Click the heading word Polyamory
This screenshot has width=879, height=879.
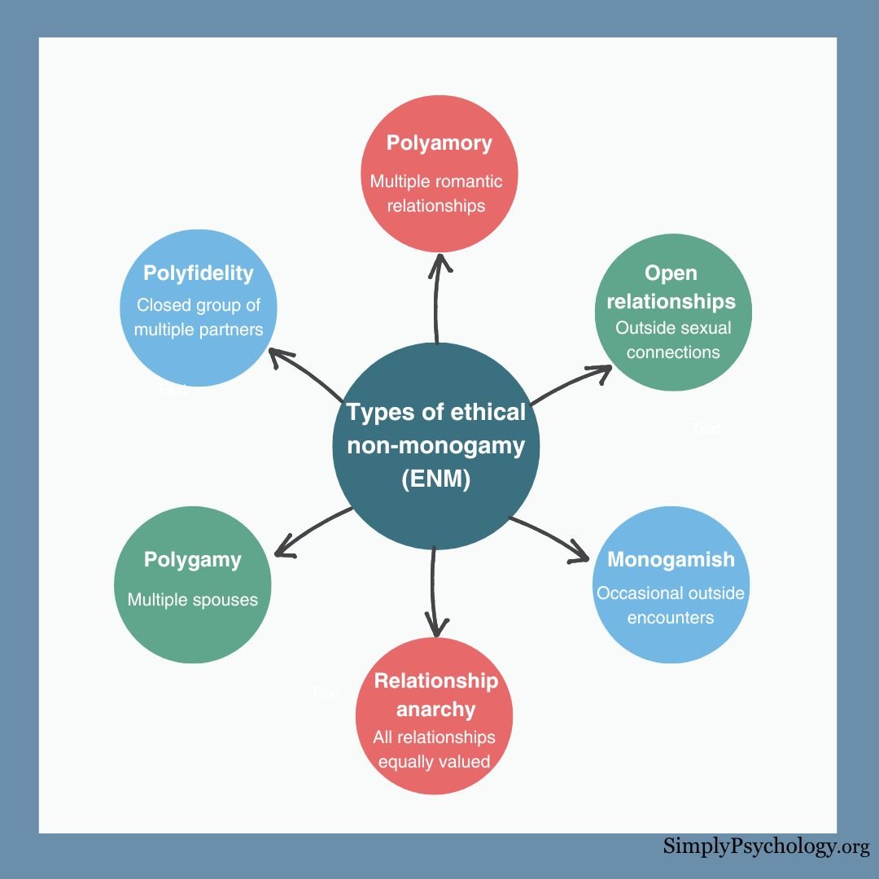coord(439,144)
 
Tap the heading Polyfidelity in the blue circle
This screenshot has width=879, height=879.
coord(199,273)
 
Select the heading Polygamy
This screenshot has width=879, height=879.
coord(193,560)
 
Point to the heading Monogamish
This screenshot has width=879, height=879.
coord(671,560)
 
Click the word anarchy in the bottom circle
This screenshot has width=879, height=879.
coord(435,709)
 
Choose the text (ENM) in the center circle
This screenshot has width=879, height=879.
coord(436,480)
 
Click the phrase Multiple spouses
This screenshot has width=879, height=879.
coord(193,600)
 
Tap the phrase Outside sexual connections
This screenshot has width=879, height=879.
coord(673,340)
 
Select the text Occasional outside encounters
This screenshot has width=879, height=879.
coord(671,605)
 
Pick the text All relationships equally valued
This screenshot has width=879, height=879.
coord(435,750)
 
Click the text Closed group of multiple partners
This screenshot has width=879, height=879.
coord(199,317)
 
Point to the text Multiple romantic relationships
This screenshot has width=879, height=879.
coord(436,193)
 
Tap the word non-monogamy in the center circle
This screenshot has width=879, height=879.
coord(435,446)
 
